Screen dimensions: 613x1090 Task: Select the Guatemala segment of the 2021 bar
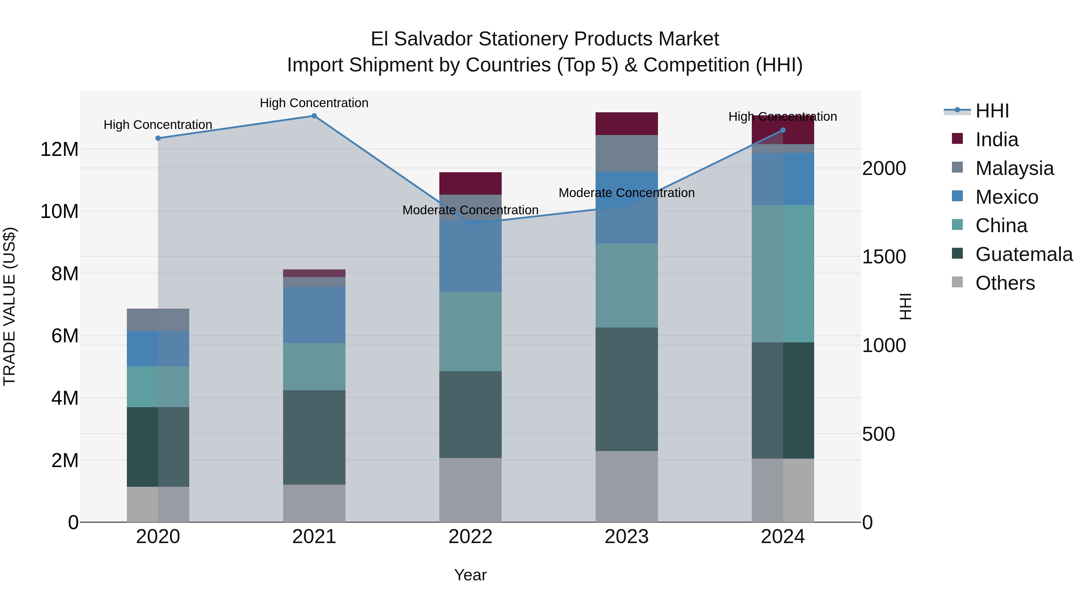click(314, 437)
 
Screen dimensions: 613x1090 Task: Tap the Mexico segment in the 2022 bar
click(470, 256)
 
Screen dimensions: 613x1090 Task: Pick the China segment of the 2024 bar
click(782, 273)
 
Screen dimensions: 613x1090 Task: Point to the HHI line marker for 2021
click(314, 116)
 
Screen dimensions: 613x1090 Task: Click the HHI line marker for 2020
click(158, 138)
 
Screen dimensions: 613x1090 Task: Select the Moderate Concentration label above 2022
click(470, 210)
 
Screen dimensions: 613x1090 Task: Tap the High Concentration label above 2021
click(314, 103)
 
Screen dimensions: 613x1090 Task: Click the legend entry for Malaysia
click(1014, 168)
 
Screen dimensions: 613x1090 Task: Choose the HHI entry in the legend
click(992, 111)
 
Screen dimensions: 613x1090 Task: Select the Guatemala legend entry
click(1024, 254)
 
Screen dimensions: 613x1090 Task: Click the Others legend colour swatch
click(957, 282)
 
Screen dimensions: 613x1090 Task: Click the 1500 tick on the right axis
click(884, 257)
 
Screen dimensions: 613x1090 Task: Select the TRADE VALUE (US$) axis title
click(9, 306)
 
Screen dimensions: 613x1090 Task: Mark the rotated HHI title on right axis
click(905, 306)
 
